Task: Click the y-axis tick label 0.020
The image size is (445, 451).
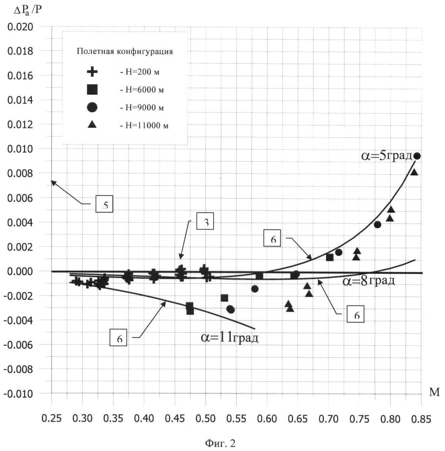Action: click(20, 26)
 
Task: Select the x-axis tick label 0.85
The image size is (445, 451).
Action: click(421, 419)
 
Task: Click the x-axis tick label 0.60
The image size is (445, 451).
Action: click(267, 419)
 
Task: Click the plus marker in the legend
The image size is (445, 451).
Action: click(92, 72)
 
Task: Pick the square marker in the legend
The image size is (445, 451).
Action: click(92, 90)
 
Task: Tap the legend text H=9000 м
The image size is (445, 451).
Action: click(142, 108)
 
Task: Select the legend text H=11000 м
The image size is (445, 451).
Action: click(145, 125)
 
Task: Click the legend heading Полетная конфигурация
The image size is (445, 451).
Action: click(125, 51)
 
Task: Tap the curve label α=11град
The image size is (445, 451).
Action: click(230, 337)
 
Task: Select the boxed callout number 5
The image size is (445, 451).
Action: click(104, 204)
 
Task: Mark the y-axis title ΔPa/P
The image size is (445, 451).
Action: click(28, 10)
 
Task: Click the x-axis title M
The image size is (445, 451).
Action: click(434, 392)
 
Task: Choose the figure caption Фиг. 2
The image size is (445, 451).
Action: click(220, 443)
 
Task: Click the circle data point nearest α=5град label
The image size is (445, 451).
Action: click(417, 156)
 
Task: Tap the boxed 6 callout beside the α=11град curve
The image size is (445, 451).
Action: click(118, 338)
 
